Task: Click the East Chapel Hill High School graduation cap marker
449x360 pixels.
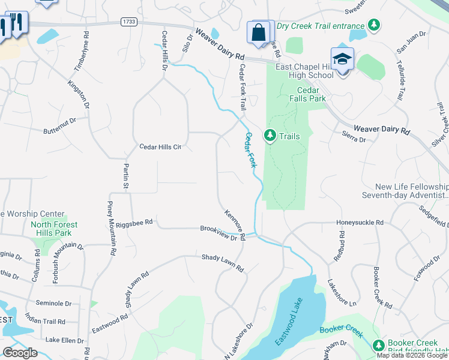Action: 342,59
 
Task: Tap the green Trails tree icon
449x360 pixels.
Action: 270,136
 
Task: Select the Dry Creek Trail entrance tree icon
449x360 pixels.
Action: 375,25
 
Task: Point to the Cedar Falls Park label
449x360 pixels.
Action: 307,94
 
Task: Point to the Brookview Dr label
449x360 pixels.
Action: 219,232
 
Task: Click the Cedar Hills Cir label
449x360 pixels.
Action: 160,146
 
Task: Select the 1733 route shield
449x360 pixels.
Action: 128,22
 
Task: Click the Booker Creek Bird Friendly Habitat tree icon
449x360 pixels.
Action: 378,345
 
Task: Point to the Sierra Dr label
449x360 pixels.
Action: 354,139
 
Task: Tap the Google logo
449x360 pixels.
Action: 20,353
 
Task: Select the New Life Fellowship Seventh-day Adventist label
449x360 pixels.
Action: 405,191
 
